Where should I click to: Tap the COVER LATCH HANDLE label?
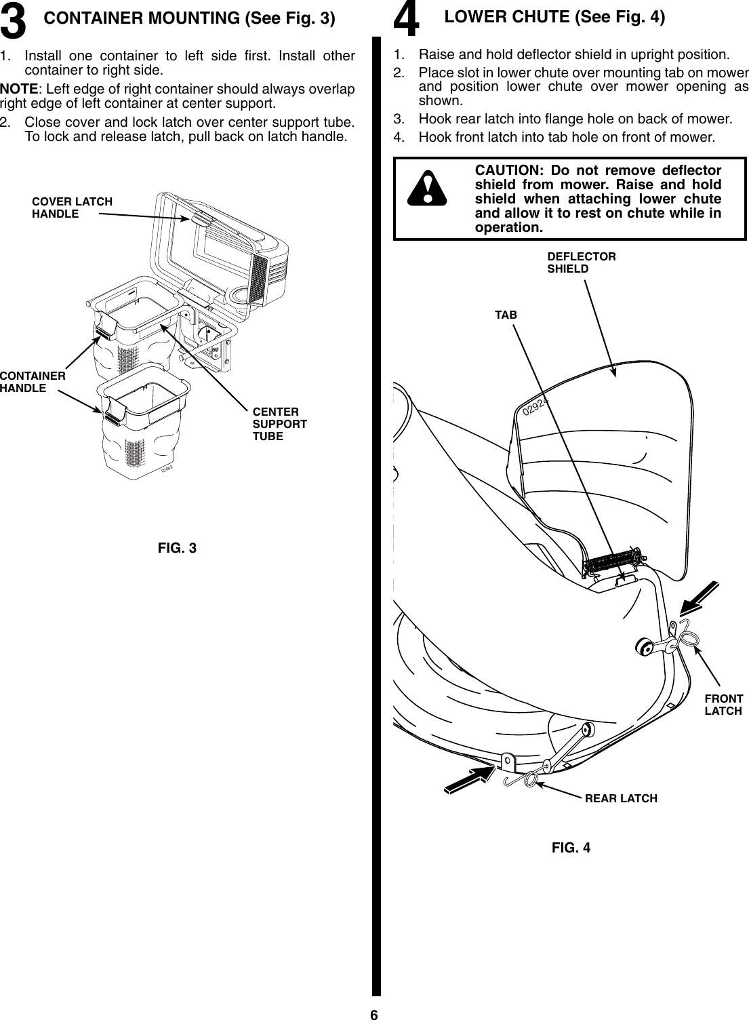(x=71, y=208)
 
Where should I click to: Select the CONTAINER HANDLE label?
(x=32, y=382)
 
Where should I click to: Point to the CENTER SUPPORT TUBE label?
(x=279, y=424)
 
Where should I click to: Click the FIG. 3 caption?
(x=177, y=548)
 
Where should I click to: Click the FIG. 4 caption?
(x=571, y=847)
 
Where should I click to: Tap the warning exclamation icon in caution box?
(x=426, y=189)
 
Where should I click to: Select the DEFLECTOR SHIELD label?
(x=581, y=262)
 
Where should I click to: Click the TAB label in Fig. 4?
(x=505, y=315)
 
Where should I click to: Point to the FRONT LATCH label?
(x=723, y=705)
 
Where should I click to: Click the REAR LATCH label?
(x=620, y=798)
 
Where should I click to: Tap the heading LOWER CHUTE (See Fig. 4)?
(x=554, y=18)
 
